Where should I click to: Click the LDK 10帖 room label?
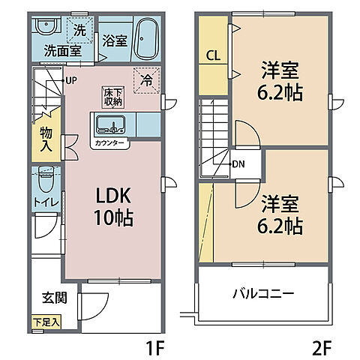point(112,206)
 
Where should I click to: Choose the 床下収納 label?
point(113,95)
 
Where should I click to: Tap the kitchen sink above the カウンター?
point(115,124)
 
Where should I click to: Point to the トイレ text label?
point(45,202)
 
